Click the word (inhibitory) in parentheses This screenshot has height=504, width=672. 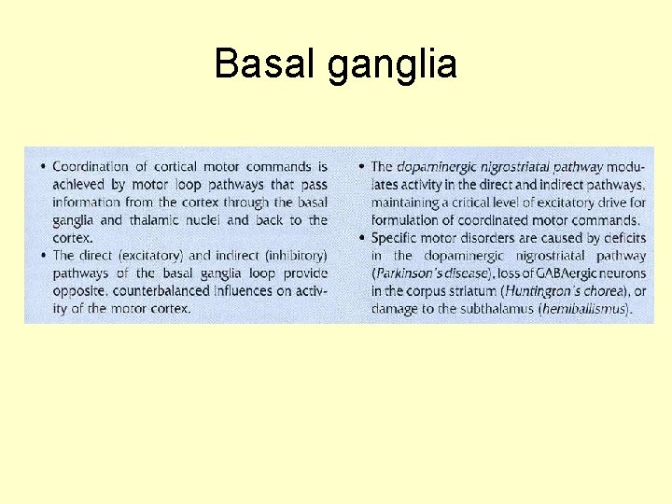290,256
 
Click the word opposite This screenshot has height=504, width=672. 77,291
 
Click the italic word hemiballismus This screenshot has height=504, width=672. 583,309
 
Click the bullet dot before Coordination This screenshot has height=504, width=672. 44,168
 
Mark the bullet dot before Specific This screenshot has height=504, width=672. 362,239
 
